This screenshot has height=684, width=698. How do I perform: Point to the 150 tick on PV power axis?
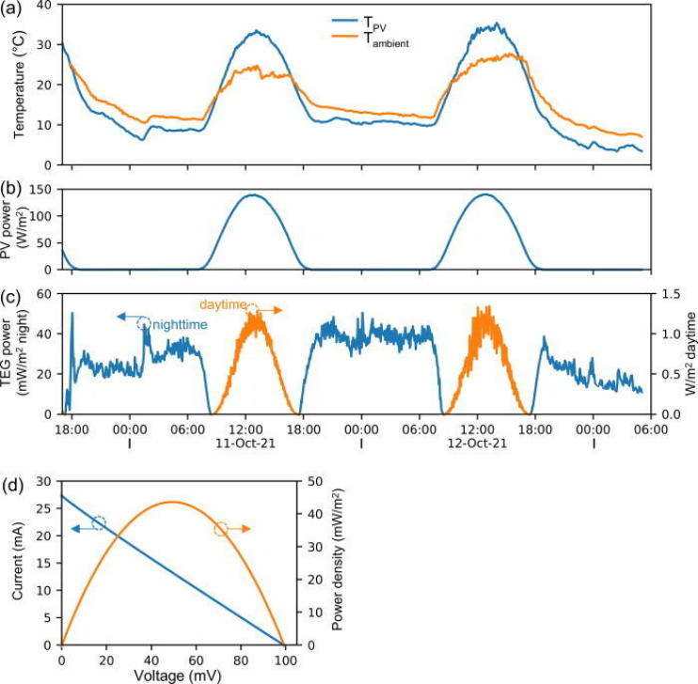point(41,191)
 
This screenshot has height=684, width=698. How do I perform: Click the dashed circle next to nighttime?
point(143,323)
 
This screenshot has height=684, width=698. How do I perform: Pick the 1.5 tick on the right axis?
point(670,294)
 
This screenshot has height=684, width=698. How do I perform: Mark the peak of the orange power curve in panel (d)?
point(171,502)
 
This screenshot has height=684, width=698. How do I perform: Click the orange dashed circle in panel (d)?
point(221,529)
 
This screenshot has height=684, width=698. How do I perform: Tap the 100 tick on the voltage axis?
point(283,658)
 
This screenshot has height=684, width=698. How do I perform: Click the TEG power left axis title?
point(21,353)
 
